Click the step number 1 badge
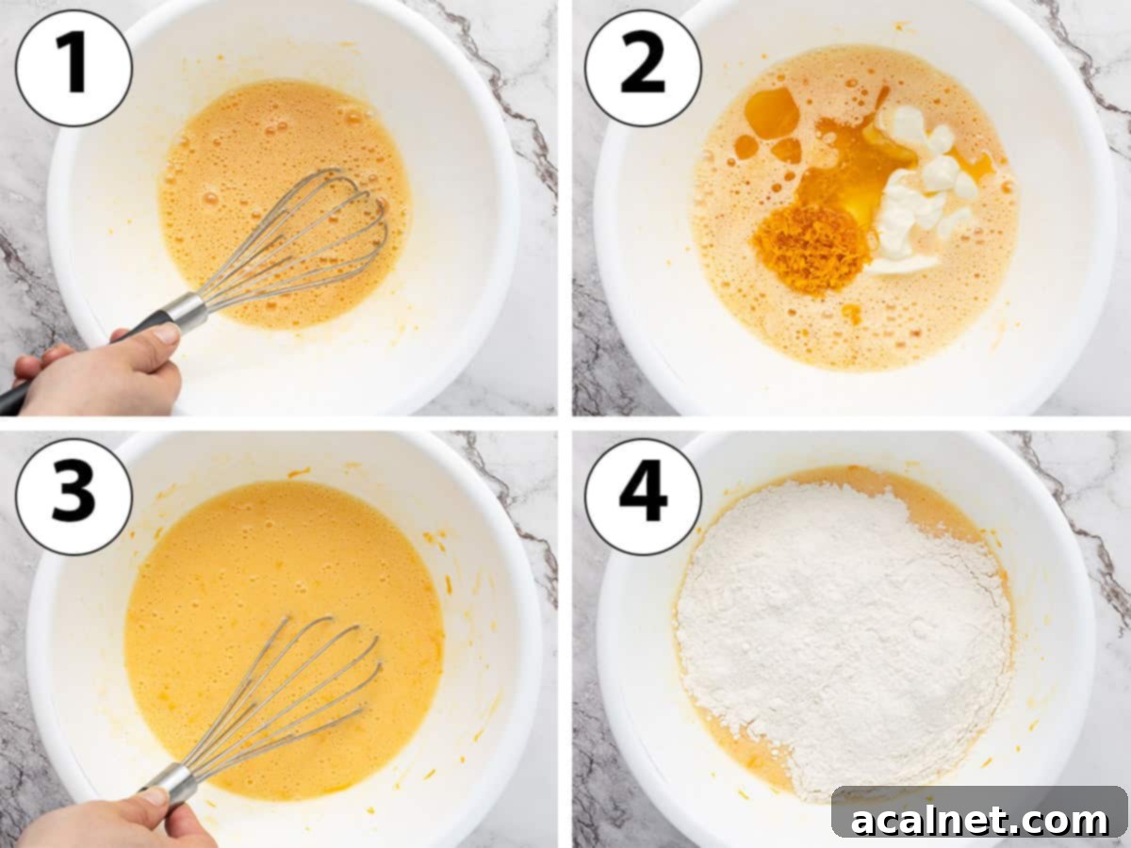pyautogui.click(x=74, y=68)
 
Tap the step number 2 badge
pyautogui.click(x=643, y=68)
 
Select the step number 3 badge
pyautogui.click(x=74, y=497)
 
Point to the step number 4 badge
pyautogui.click(x=643, y=497)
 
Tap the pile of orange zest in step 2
pyautogui.click(x=811, y=248)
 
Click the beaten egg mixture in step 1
pyautogui.click(x=254, y=160)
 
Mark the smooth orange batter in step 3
pyautogui.click(x=236, y=584)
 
